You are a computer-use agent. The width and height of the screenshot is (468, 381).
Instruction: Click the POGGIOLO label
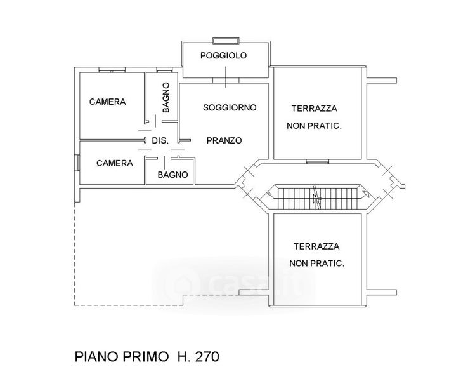click(x=223, y=56)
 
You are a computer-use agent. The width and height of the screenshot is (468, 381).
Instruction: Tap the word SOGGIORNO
click(x=230, y=107)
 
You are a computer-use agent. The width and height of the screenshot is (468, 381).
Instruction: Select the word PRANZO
click(x=224, y=141)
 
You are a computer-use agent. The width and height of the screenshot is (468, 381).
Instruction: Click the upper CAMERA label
click(x=107, y=102)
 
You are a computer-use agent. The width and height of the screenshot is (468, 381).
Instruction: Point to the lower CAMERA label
click(x=115, y=163)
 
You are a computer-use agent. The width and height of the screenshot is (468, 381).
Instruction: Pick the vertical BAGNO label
click(x=166, y=98)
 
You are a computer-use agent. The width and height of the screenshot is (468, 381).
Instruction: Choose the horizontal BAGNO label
click(x=172, y=175)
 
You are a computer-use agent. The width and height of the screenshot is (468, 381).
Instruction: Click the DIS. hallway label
click(x=160, y=141)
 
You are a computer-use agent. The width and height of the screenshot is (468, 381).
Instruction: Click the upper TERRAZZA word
click(x=314, y=109)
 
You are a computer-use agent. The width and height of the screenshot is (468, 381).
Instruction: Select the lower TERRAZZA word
click(x=316, y=246)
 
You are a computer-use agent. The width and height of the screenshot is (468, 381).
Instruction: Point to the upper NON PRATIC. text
click(x=315, y=126)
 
